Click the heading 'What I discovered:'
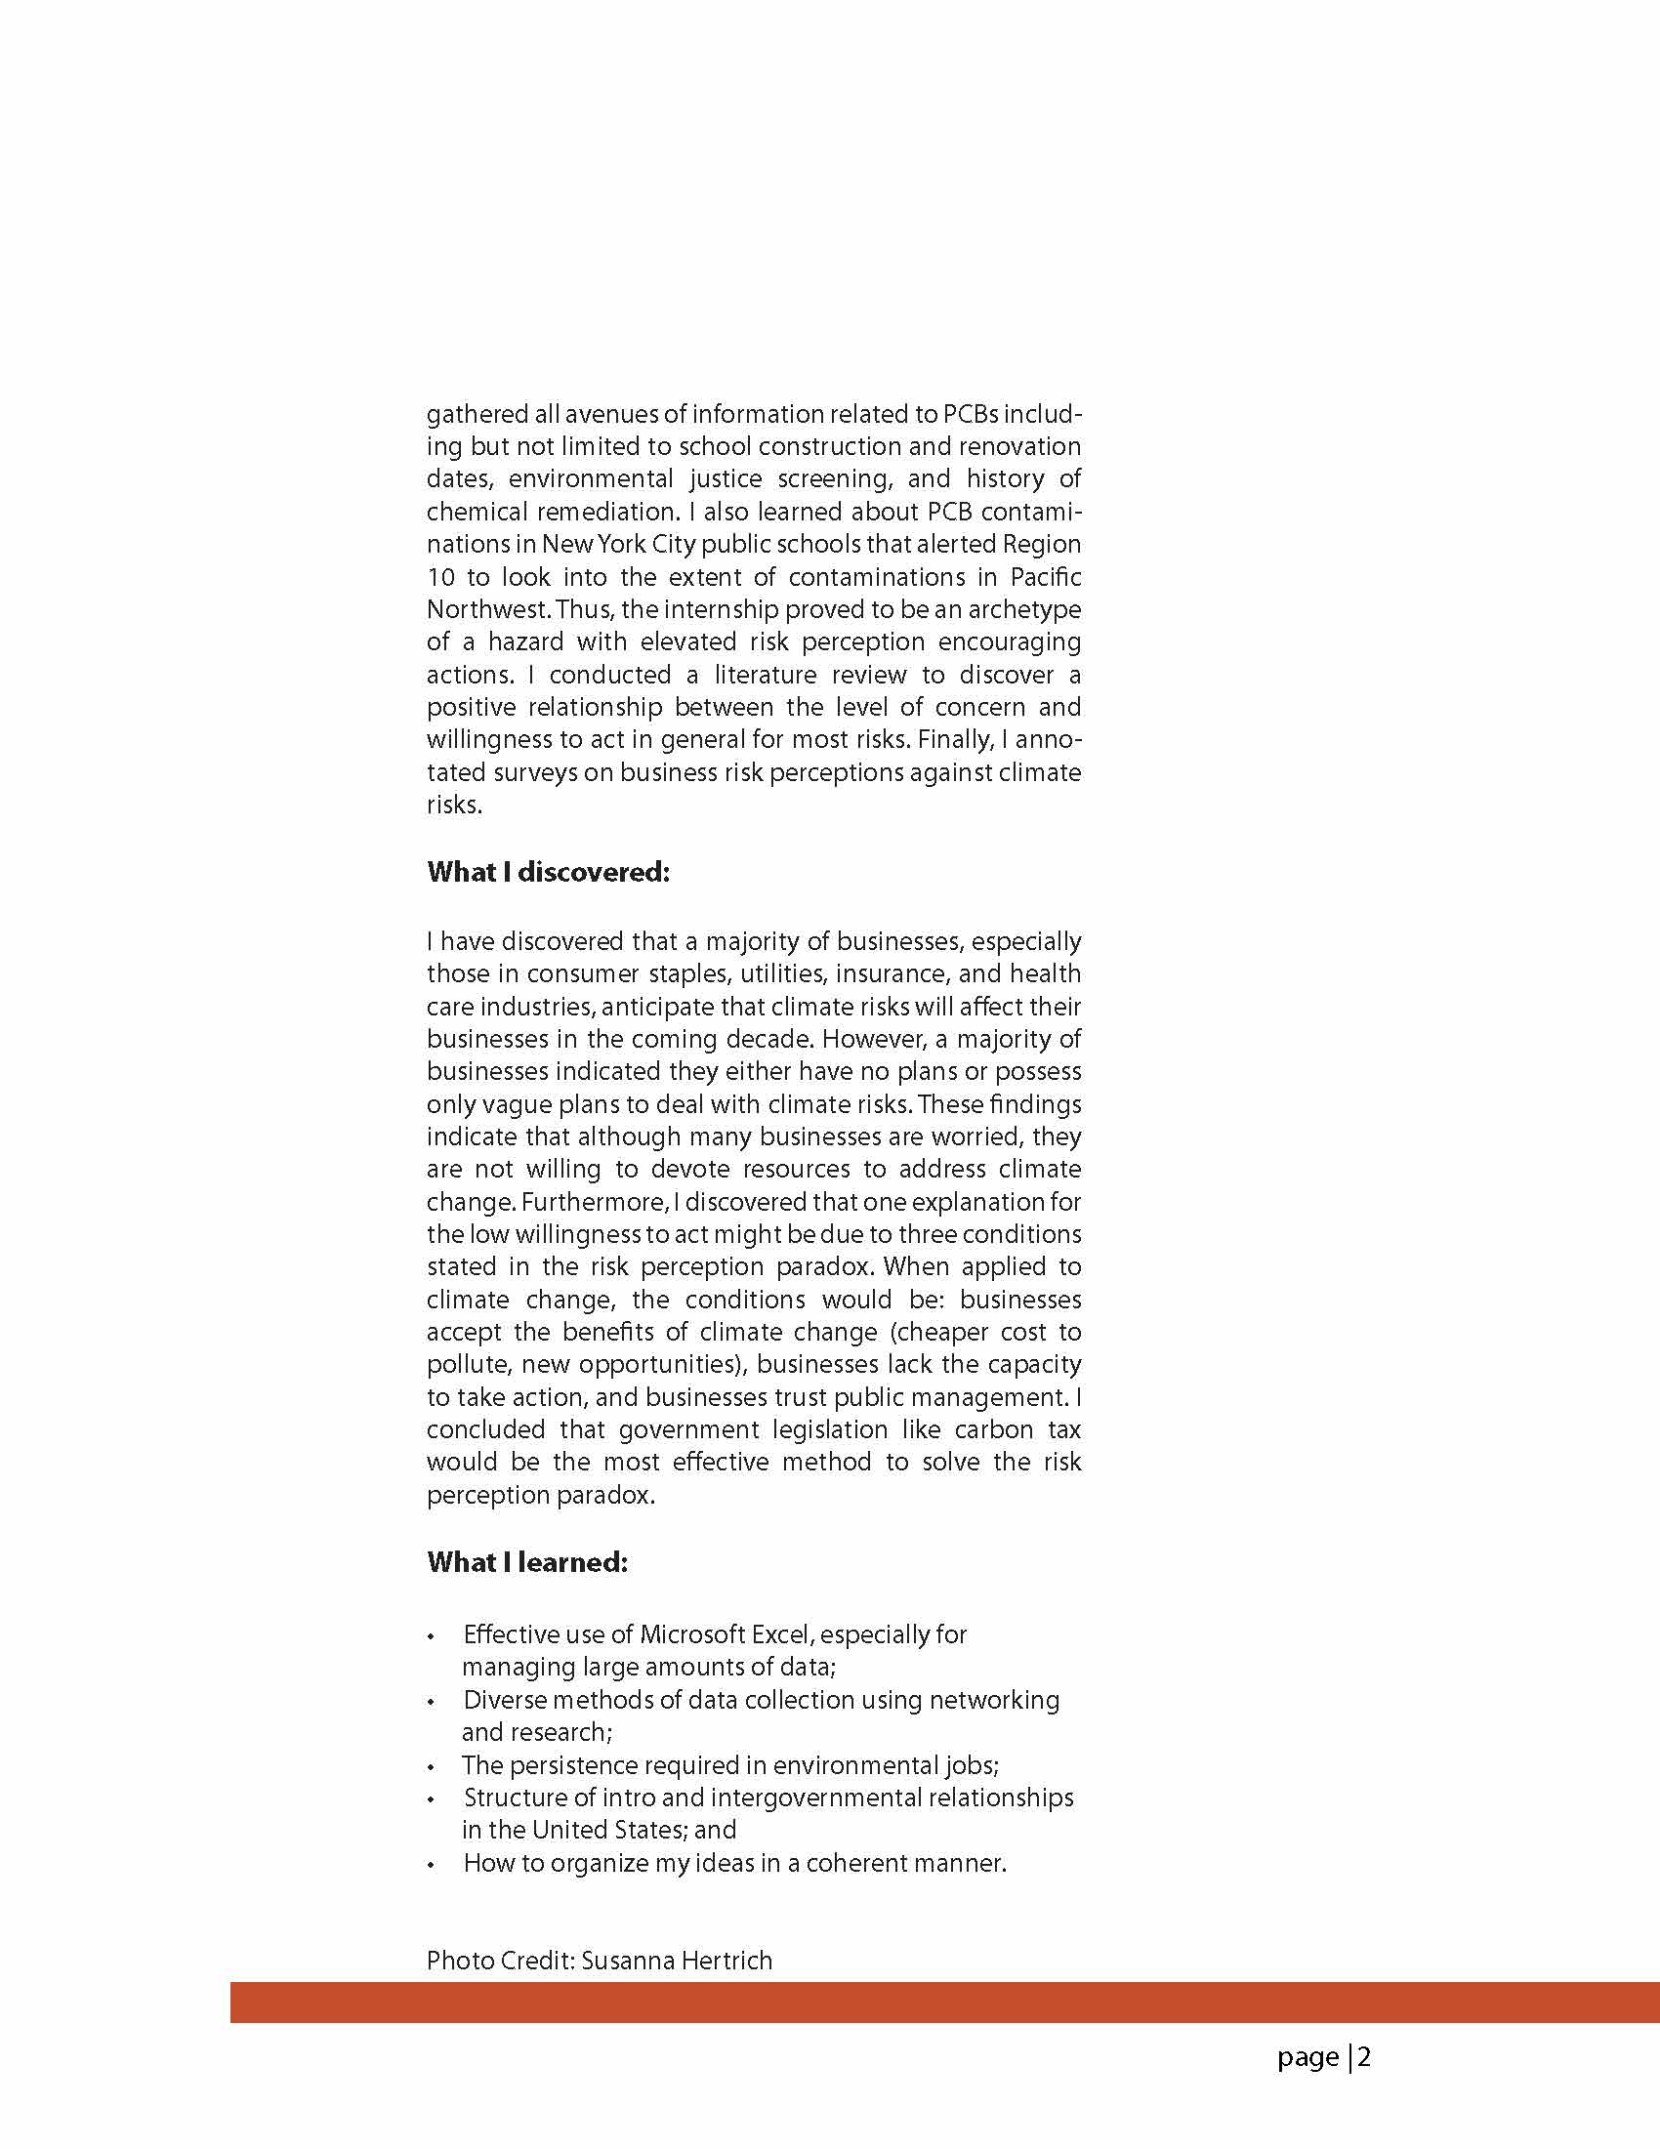coord(548,873)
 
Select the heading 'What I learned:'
coord(526,1562)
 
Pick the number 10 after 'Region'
coord(438,578)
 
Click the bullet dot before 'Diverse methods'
coord(431,1702)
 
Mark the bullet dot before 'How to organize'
coord(431,1866)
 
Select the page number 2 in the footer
coord(1365,2057)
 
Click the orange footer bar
coord(944,2003)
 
